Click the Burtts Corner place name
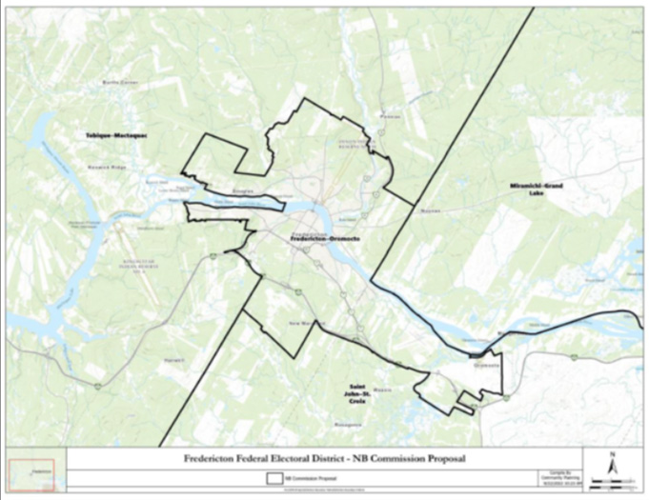tap(121, 84)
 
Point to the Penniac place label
tap(389, 116)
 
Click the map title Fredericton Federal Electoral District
tap(324, 459)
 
